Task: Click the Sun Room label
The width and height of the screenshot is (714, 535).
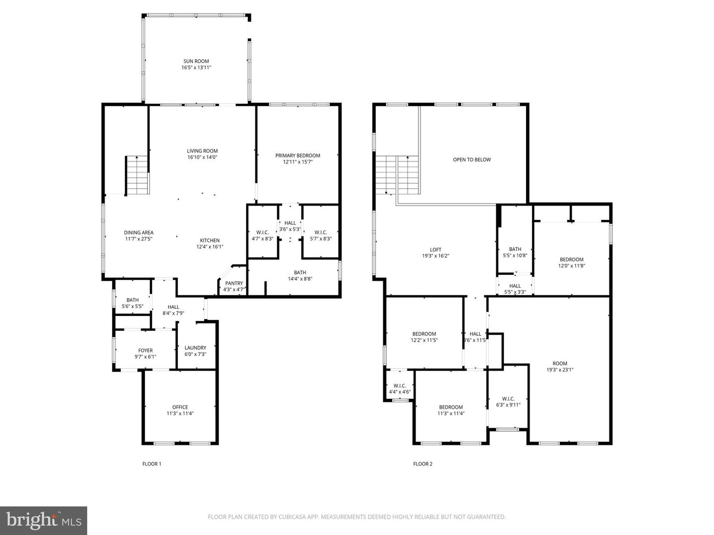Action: [196, 61]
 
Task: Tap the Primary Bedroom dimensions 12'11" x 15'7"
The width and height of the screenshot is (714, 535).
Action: [297, 162]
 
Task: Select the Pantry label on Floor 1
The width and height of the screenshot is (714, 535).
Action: [234, 283]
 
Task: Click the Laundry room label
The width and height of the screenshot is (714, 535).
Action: [195, 348]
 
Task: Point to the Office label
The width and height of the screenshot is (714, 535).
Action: [180, 407]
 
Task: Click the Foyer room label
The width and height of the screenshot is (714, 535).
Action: [145, 351]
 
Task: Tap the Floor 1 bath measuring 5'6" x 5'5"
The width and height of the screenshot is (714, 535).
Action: [132, 303]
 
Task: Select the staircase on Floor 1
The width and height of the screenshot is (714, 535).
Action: [137, 175]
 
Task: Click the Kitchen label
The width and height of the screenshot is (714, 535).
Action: [210, 241]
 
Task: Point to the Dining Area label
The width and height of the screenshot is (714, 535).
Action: [138, 232]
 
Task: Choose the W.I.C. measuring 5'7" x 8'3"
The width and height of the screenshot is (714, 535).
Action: [320, 235]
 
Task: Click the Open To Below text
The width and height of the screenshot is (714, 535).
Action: [472, 160]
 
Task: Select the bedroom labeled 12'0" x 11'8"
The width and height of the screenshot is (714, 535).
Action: [571, 263]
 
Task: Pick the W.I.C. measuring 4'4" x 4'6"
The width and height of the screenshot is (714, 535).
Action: [400, 389]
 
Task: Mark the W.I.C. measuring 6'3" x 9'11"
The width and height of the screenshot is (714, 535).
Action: [508, 401]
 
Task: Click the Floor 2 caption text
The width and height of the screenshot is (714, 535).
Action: [422, 464]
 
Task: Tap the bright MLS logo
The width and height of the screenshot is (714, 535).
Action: [44, 520]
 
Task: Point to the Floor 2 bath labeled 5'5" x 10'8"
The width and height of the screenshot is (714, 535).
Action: [515, 252]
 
